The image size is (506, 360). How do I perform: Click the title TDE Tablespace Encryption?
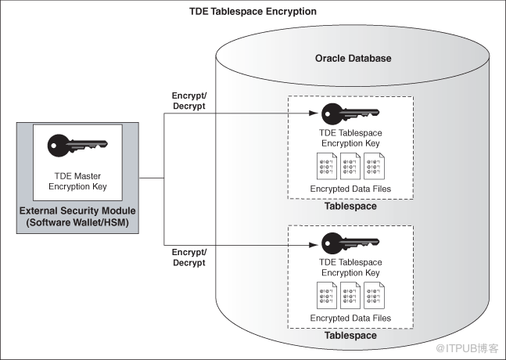tap(253, 12)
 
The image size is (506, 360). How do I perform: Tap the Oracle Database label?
tap(353, 58)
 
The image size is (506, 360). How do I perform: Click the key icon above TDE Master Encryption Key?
tap(77, 146)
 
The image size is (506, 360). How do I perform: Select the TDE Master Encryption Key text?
tap(77, 181)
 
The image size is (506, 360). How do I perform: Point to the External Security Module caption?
tap(77, 216)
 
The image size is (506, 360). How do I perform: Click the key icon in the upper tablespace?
tap(350, 113)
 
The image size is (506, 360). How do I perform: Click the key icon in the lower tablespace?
tap(350, 243)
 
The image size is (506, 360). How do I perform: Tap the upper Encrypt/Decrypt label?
tap(189, 101)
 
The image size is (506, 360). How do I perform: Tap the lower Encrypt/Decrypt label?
tap(189, 257)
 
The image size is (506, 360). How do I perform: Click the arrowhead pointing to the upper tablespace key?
tap(314, 113)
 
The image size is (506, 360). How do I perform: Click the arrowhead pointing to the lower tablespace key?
tap(314, 245)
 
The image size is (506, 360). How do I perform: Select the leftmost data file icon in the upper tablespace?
tap(327, 166)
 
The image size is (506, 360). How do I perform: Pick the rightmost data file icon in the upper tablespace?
tap(374, 166)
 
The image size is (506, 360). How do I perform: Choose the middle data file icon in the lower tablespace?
tap(350, 295)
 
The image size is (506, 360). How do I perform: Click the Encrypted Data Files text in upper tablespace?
tap(350, 189)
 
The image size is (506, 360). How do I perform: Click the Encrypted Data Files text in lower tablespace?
tap(350, 318)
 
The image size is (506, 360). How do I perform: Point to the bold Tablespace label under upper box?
tap(350, 206)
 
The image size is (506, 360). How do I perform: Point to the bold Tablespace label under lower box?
tap(350, 336)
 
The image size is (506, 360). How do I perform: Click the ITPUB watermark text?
tap(467, 348)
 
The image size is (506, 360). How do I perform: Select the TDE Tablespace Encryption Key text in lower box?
tap(350, 268)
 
